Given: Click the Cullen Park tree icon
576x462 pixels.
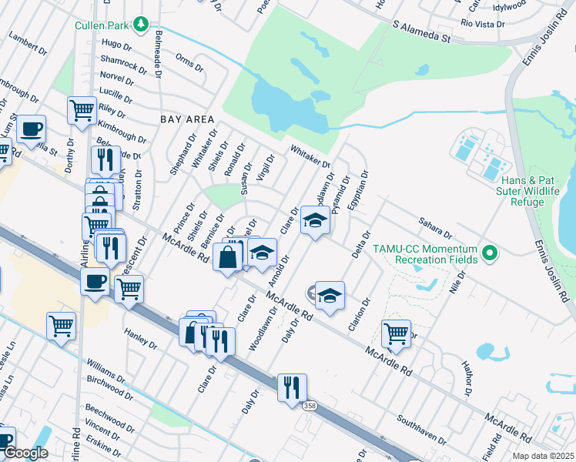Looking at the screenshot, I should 140,25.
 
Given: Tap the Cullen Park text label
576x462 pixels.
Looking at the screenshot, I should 102,25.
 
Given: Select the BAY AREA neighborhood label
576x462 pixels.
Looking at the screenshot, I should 186,119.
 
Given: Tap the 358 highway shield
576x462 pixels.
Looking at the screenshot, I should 310,406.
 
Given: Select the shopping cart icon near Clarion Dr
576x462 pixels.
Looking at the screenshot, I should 396,334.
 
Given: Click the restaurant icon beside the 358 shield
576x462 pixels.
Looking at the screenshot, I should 292,387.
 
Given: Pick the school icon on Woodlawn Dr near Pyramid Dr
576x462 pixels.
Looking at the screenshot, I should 314,221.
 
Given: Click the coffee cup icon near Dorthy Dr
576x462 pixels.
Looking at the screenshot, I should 31,129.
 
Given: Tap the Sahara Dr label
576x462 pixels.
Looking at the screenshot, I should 436,225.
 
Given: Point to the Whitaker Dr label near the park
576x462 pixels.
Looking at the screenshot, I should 310,157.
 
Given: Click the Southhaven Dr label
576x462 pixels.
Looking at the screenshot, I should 421,430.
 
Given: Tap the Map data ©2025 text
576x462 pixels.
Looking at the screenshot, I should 543,456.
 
